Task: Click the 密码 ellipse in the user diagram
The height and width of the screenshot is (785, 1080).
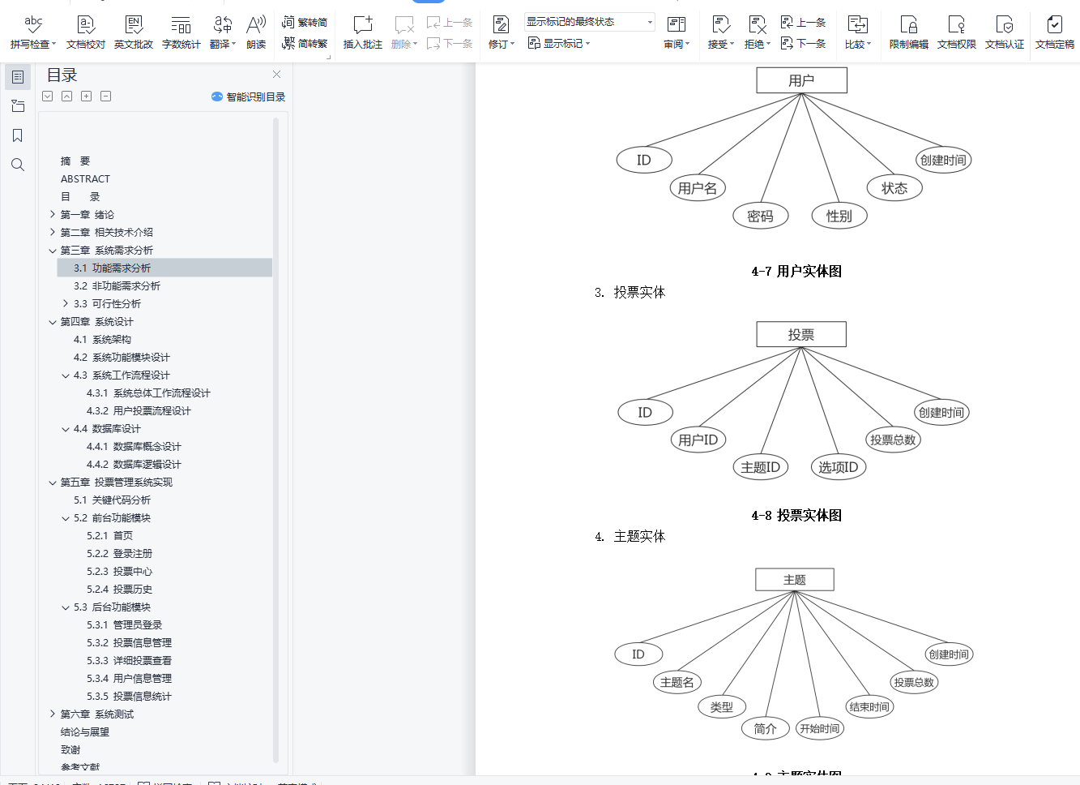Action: point(760,216)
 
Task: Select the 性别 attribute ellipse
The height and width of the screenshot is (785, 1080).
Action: point(839,216)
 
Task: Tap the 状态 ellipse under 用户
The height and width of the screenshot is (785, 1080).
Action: point(894,188)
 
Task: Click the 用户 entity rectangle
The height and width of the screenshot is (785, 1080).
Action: point(801,80)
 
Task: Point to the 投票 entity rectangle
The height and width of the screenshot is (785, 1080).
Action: point(800,334)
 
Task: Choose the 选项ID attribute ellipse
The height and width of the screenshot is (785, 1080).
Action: point(838,467)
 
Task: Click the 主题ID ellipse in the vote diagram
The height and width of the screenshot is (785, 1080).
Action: point(760,467)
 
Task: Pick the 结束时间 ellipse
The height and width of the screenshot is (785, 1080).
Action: point(869,706)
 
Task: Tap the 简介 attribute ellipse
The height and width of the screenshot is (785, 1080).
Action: point(765,728)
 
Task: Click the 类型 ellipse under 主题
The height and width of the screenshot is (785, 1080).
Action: point(722,706)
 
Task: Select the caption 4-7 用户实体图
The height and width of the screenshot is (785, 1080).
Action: point(796,271)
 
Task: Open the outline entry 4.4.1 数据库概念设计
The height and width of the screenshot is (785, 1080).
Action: point(134,446)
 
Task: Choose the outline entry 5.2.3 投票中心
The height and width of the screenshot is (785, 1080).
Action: point(119,571)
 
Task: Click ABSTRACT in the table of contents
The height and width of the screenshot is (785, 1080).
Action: point(85,178)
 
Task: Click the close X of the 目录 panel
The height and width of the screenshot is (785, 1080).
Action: point(276,75)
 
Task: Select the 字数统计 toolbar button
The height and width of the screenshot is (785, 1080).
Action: point(181,32)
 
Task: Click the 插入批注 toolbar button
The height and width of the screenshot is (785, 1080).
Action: point(362,32)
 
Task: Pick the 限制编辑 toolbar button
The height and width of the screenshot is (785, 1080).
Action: point(908,32)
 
